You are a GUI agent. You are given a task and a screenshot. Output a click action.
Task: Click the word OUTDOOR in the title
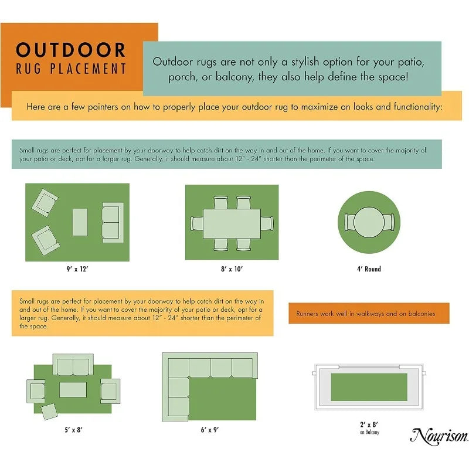click(x=70, y=50)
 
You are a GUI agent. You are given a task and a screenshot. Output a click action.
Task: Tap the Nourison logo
click(x=439, y=436)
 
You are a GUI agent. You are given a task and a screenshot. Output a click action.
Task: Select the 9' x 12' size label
click(x=77, y=269)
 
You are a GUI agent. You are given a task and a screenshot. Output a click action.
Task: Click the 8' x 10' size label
click(x=232, y=269)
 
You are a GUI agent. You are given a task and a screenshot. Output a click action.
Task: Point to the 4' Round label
click(x=369, y=269)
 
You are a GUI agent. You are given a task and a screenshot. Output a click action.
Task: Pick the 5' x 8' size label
click(x=74, y=430)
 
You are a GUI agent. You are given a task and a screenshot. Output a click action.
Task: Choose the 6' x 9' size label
click(x=210, y=430)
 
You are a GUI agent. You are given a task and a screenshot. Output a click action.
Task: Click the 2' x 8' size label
click(x=369, y=424)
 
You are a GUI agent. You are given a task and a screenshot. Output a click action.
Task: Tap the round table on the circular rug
click(x=369, y=222)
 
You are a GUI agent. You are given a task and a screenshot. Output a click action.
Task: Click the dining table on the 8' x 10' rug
click(x=232, y=224)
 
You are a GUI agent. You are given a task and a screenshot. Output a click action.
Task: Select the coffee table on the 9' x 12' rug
click(x=80, y=222)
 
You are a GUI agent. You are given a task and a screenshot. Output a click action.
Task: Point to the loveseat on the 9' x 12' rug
click(x=113, y=223)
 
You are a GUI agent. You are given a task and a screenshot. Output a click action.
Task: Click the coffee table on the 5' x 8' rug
click(x=73, y=390)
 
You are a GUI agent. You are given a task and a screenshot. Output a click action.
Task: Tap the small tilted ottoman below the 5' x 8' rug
click(x=49, y=412)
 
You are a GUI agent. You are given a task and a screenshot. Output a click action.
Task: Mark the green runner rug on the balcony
click(x=369, y=387)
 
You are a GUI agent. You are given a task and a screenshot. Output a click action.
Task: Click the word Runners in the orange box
click(x=307, y=314)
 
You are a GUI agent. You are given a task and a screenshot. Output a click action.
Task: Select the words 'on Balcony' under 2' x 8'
click(x=369, y=432)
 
